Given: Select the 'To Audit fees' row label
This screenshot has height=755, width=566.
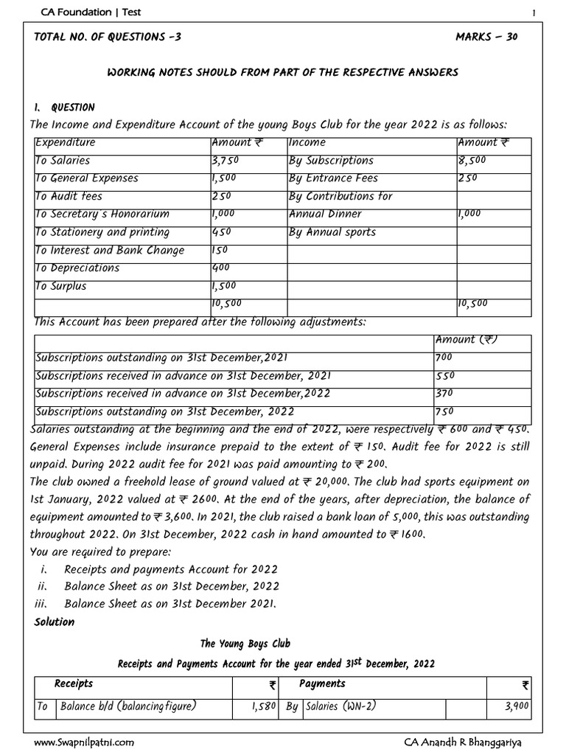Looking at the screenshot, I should coord(69,197).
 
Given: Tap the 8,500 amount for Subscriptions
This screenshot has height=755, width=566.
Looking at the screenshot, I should coord(472,161).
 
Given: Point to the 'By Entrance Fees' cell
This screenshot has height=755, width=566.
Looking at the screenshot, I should coord(332,178).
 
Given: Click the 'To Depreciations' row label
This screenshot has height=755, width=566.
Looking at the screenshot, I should coord(77,268).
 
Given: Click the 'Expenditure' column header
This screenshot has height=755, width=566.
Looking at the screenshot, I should coord(65,142).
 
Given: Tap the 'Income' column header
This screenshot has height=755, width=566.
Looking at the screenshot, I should coord(307,142).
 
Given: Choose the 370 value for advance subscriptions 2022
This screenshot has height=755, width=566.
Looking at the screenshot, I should coord(446,394).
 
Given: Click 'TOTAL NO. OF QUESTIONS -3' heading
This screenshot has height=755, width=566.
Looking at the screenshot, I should coord(107,38).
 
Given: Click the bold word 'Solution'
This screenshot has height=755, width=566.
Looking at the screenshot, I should coord(55,622).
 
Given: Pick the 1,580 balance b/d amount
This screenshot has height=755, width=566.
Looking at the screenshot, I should coord(262,706).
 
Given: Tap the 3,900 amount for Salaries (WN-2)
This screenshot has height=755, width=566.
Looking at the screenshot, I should coord(516,706).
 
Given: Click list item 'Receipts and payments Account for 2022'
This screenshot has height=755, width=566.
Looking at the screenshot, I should coord(171,568).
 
